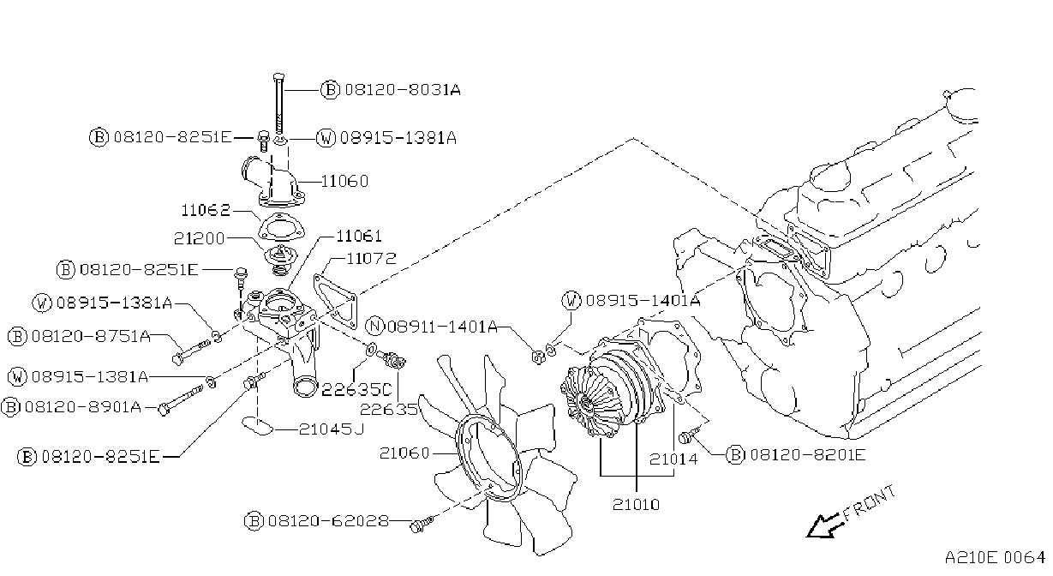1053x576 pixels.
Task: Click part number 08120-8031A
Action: point(403,89)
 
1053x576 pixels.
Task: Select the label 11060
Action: point(344,181)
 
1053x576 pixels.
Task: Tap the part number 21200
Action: point(200,238)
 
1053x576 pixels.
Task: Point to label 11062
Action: point(206,210)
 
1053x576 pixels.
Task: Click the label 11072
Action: point(371,259)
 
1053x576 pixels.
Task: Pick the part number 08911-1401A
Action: point(442,327)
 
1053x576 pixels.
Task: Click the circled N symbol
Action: point(375,326)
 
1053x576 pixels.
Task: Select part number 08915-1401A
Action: point(643,301)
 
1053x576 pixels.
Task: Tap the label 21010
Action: point(636,505)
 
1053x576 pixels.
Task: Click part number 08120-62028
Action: point(329,521)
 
